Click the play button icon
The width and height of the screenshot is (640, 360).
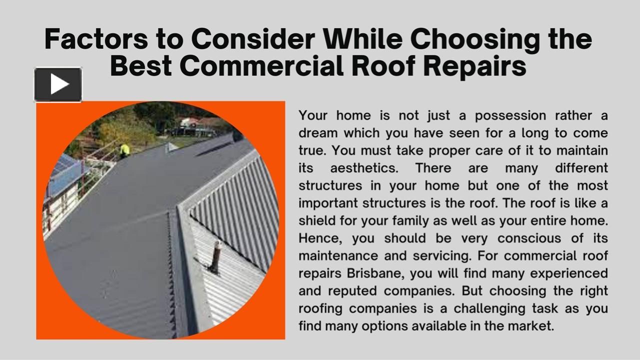point(58,84)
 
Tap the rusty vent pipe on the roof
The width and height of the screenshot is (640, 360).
point(216,256)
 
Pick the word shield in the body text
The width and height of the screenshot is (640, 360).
point(318,220)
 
